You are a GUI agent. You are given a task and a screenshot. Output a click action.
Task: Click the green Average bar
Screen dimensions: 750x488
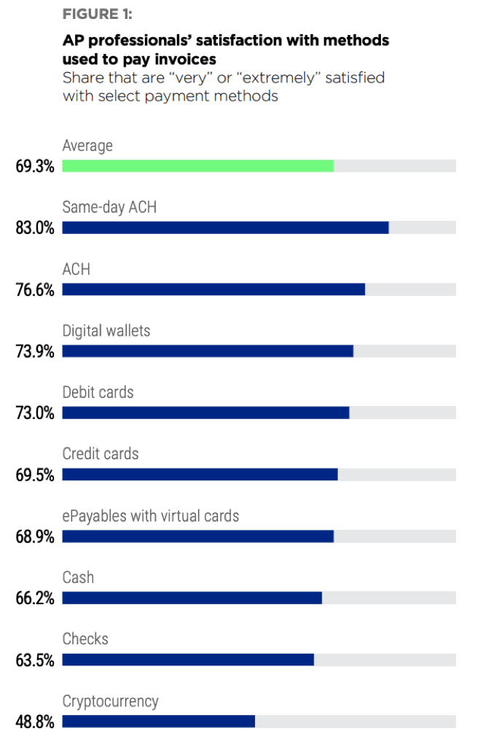pyautogui.click(x=197, y=165)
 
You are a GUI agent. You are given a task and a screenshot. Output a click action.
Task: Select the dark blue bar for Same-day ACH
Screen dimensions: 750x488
pyautogui.click(x=225, y=227)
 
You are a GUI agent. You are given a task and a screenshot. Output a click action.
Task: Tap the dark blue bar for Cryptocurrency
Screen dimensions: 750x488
pyautogui.click(x=158, y=722)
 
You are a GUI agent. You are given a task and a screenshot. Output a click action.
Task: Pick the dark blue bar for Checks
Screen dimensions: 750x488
pyautogui.click(x=188, y=660)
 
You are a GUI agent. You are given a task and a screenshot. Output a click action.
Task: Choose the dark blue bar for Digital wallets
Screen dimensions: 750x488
pyautogui.click(x=208, y=351)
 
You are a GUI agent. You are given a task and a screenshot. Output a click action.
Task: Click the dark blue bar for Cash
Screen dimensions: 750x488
pyautogui.click(x=192, y=598)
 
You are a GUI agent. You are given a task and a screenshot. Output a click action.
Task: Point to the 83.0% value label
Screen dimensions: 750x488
pyautogui.click(x=35, y=227)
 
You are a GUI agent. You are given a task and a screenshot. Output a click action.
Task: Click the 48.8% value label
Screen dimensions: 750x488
pyautogui.click(x=35, y=722)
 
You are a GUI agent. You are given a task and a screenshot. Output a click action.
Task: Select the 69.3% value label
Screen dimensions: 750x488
pyautogui.click(x=35, y=165)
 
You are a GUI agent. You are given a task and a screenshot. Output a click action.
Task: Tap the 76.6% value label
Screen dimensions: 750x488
pyautogui.click(x=35, y=289)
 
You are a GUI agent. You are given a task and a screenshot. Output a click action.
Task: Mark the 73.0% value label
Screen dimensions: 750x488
pyautogui.click(x=35, y=413)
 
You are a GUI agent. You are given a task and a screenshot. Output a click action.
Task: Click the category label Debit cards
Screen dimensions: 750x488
pyautogui.click(x=98, y=392)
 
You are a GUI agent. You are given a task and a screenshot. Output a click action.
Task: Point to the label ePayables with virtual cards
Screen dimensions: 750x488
pyautogui.click(x=151, y=516)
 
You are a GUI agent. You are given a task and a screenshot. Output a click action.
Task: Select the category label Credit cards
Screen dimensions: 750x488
pyautogui.click(x=101, y=454)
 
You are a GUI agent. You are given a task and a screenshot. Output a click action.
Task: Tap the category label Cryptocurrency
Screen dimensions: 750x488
pyautogui.click(x=111, y=701)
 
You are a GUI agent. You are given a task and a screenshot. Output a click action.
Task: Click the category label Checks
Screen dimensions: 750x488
pyautogui.click(x=85, y=639)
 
